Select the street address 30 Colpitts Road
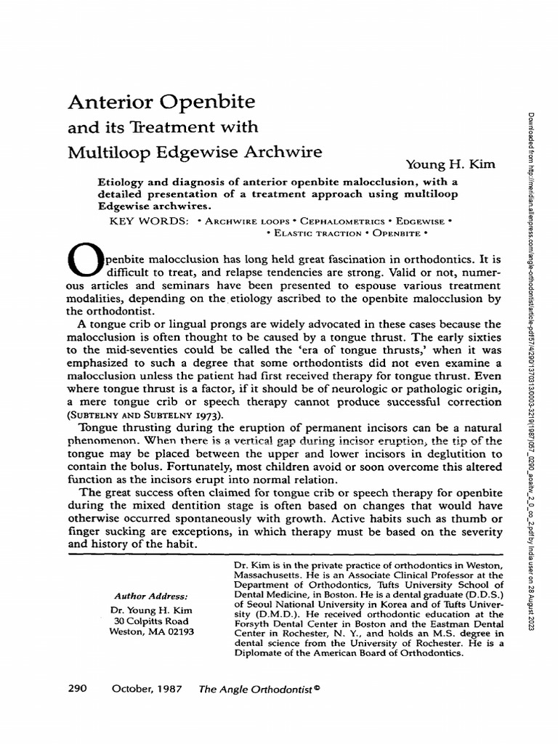pos(151,620)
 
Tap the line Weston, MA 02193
pos(151,631)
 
